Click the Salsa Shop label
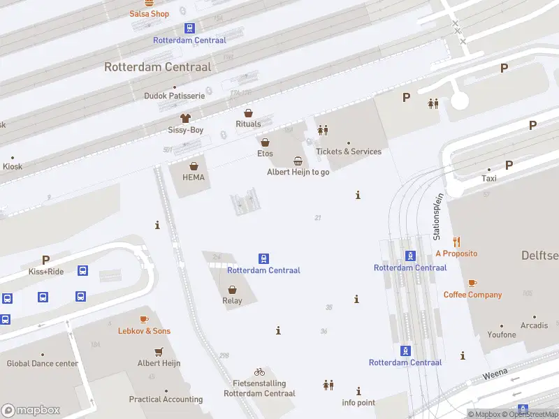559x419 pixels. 149,14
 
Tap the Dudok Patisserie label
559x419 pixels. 174,96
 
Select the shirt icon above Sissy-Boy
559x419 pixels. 185,118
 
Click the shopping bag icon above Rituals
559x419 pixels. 248,112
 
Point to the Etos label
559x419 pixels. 265,154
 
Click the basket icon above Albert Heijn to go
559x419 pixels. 298,161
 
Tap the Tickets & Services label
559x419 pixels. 349,152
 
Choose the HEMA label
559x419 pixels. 194,177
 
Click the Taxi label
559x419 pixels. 489,179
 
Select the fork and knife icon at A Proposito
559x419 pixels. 456,242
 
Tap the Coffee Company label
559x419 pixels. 472,295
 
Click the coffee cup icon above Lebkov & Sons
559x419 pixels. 144,319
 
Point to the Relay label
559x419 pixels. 232,301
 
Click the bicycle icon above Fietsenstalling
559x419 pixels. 259,372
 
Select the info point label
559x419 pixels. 358,403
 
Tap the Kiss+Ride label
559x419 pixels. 46,272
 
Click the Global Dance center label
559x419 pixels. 42,364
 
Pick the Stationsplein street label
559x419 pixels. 438,216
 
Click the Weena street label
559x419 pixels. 495,375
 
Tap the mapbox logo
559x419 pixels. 31,411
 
